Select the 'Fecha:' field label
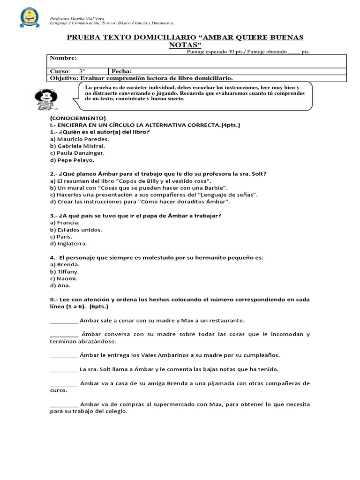[121, 71]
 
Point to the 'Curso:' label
[60, 71]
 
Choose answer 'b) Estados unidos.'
[76, 230]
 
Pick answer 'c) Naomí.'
[64, 278]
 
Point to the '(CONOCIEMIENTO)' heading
[78, 118]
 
